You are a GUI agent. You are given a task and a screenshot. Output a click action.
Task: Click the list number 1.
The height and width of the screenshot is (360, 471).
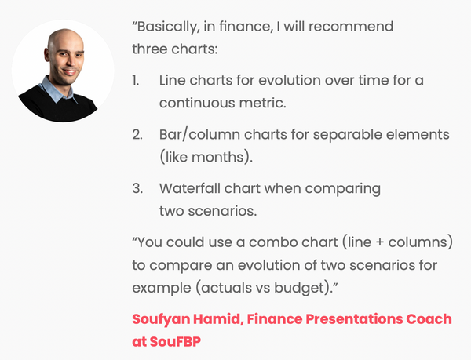137,81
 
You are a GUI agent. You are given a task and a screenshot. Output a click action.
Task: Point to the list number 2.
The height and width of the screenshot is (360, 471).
137,135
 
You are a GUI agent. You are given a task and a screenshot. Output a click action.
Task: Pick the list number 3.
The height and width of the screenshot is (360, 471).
137,189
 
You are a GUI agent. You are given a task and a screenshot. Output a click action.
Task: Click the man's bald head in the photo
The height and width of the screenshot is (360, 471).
62,39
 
